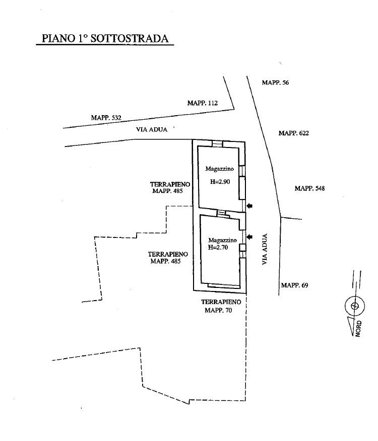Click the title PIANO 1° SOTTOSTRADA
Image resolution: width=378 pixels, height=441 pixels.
[x=105, y=38]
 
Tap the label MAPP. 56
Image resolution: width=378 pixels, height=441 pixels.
[x=275, y=82]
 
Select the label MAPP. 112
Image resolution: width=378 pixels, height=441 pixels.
[x=202, y=103]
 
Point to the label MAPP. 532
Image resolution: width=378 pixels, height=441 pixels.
[x=106, y=118]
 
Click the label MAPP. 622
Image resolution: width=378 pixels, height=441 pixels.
[x=293, y=133]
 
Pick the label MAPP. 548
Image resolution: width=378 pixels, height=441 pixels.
[x=309, y=188]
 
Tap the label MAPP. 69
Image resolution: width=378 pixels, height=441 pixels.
[x=294, y=285]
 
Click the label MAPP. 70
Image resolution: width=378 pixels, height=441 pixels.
[x=218, y=310]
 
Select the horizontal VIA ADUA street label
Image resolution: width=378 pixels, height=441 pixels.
[x=152, y=129]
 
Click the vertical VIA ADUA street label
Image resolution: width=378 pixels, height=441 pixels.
[x=265, y=249]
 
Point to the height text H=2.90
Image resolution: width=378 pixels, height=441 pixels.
[x=220, y=182]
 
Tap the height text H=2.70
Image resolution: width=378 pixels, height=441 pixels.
[x=218, y=248]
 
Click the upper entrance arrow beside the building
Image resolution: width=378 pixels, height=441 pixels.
[x=249, y=206]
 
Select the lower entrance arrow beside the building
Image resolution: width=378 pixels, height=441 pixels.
[x=249, y=237]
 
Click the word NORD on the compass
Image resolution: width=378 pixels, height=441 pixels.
[x=358, y=328]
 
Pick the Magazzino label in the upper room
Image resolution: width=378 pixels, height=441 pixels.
[x=219, y=169]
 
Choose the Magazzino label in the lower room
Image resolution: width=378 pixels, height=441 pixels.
[x=223, y=240]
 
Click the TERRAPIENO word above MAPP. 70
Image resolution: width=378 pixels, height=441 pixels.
[x=221, y=302]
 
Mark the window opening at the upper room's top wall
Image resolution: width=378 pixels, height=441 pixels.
[x=217, y=143]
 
